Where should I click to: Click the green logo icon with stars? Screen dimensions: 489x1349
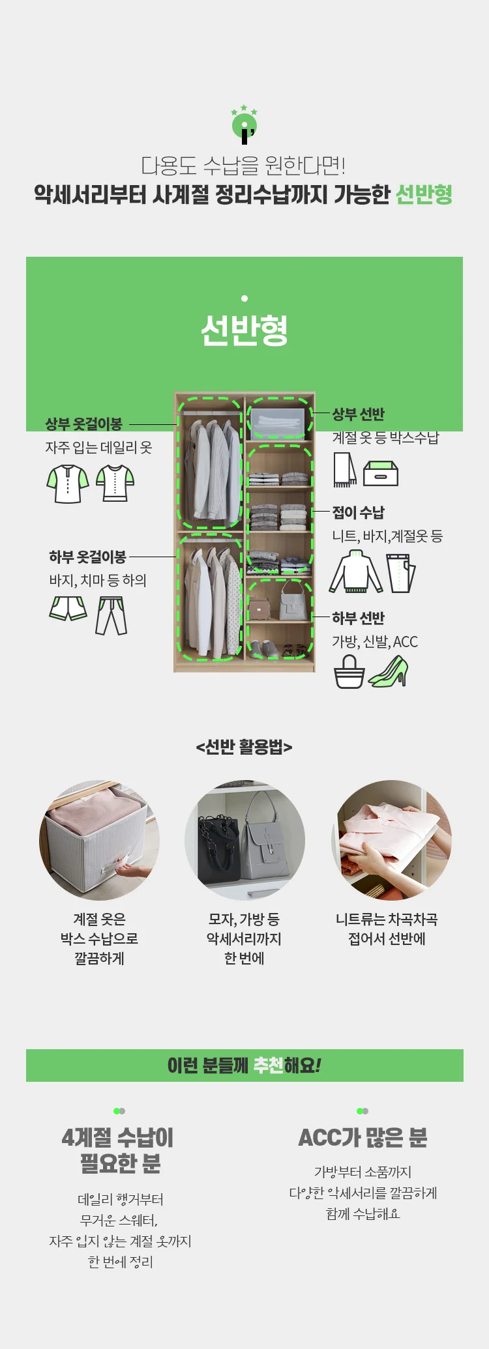click(x=244, y=124)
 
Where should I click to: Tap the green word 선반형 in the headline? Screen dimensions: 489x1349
click(x=424, y=194)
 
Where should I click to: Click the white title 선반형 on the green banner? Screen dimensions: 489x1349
click(x=244, y=330)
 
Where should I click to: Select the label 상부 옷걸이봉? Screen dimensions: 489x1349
click(x=84, y=424)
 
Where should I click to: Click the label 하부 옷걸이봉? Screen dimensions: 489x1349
click(x=87, y=557)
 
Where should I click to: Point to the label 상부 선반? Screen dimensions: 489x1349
click(x=359, y=414)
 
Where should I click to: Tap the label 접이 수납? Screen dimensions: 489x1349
click(x=359, y=512)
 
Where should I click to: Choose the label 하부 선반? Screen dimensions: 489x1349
click(x=359, y=618)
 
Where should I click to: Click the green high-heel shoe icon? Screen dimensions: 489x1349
click(x=389, y=671)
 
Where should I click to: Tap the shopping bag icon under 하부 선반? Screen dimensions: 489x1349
click(x=349, y=671)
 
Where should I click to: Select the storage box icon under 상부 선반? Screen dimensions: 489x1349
click(x=380, y=473)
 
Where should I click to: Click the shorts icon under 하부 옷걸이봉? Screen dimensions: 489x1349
click(x=68, y=609)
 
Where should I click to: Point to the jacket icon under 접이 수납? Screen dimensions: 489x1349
click(x=356, y=572)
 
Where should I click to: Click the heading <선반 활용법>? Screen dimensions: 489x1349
click(x=244, y=747)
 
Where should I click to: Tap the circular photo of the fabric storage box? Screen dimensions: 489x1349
click(x=99, y=840)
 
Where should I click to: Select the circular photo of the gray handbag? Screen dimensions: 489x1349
click(x=244, y=840)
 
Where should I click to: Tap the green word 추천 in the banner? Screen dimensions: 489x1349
click(x=268, y=1066)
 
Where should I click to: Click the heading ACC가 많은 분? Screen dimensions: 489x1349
click(x=363, y=1138)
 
